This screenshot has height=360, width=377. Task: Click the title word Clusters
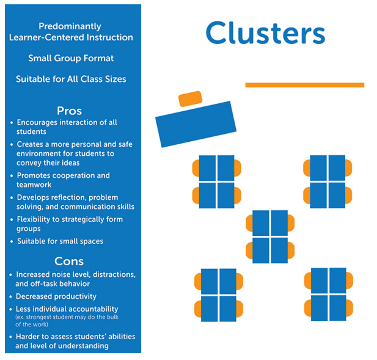pos(265,33)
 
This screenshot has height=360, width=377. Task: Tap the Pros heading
pos(69,111)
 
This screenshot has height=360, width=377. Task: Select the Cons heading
pos(69,261)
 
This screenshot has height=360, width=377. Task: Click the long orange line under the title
pos(304,85)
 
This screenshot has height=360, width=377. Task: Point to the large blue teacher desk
pos(196,120)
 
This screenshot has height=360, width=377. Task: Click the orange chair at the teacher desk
pos(189,98)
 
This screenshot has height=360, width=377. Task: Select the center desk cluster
pos(270,237)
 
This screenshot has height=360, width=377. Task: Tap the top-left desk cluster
pos(217,182)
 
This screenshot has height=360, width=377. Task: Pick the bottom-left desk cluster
pos(219,295)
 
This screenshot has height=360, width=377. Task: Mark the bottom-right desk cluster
pos(329,295)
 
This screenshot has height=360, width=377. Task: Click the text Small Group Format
pos(71,59)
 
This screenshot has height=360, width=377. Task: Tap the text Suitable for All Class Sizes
pos(71,79)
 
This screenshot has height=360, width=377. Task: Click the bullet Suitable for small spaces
pos(60,241)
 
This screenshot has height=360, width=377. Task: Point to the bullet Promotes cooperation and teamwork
pos(63,180)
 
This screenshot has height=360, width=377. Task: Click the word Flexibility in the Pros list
pos(38,219)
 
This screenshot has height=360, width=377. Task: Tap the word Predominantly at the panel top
pos(70,26)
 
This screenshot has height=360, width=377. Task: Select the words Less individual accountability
pos(67,309)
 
